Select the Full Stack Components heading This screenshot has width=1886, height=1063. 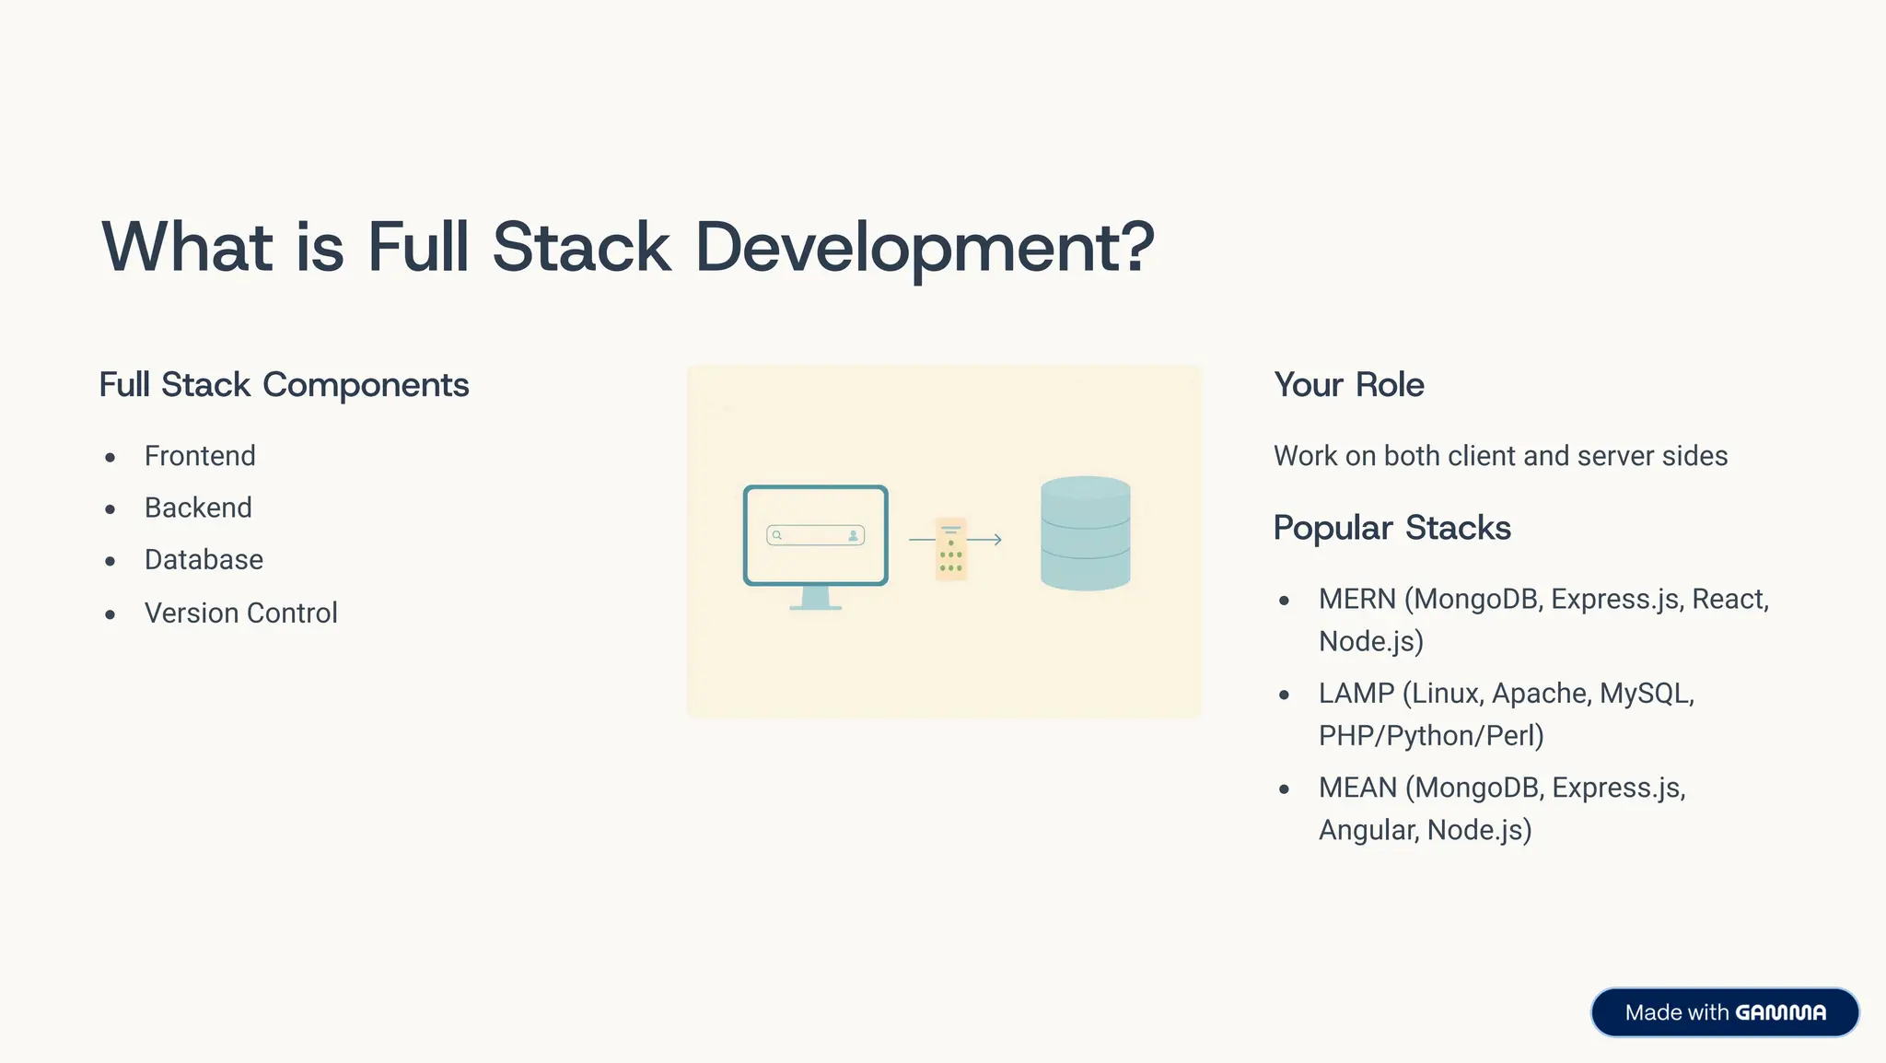(x=284, y=385)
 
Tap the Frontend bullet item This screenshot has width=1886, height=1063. (x=200, y=456)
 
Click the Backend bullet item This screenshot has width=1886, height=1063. (x=198, y=508)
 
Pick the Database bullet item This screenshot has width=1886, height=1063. (x=204, y=560)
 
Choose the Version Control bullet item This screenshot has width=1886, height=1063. (x=240, y=613)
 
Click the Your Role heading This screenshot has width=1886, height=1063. (x=1348, y=385)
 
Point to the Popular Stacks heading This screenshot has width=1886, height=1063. (x=1391, y=528)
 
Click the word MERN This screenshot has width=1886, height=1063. (x=1356, y=600)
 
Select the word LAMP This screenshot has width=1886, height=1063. (x=1356, y=694)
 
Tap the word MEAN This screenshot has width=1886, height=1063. (x=1357, y=788)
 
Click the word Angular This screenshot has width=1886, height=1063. (x=1368, y=830)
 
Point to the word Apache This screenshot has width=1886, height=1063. (x=1540, y=694)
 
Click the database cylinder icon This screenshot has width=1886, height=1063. (x=1085, y=533)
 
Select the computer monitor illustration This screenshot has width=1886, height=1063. (x=815, y=536)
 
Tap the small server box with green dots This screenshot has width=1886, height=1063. (x=951, y=549)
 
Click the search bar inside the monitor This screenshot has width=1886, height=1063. (x=815, y=535)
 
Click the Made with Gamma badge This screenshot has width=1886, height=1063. (x=1724, y=1012)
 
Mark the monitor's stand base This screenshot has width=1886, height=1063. (x=815, y=607)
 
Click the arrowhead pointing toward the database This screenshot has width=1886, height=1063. (x=997, y=540)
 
